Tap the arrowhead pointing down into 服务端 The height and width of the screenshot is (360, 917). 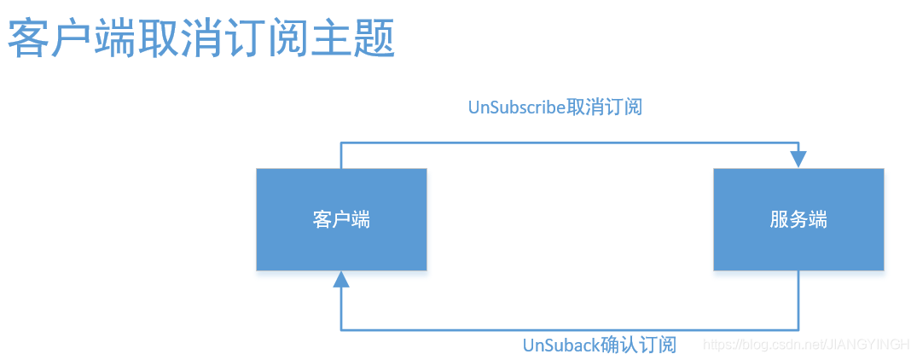[x=798, y=160]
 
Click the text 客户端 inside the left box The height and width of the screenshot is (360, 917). [x=341, y=219]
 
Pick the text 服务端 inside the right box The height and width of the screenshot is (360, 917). [x=798, y=219]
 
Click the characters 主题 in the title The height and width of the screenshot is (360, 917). [x=351, y=39]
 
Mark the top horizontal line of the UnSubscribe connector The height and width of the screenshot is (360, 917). [x=570, y=143]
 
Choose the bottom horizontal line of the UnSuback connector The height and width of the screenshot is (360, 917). [x=570, y=329]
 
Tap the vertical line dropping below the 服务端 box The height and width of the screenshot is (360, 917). [x=798, y=300]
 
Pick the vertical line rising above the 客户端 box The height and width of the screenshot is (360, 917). [x=341, y=155]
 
